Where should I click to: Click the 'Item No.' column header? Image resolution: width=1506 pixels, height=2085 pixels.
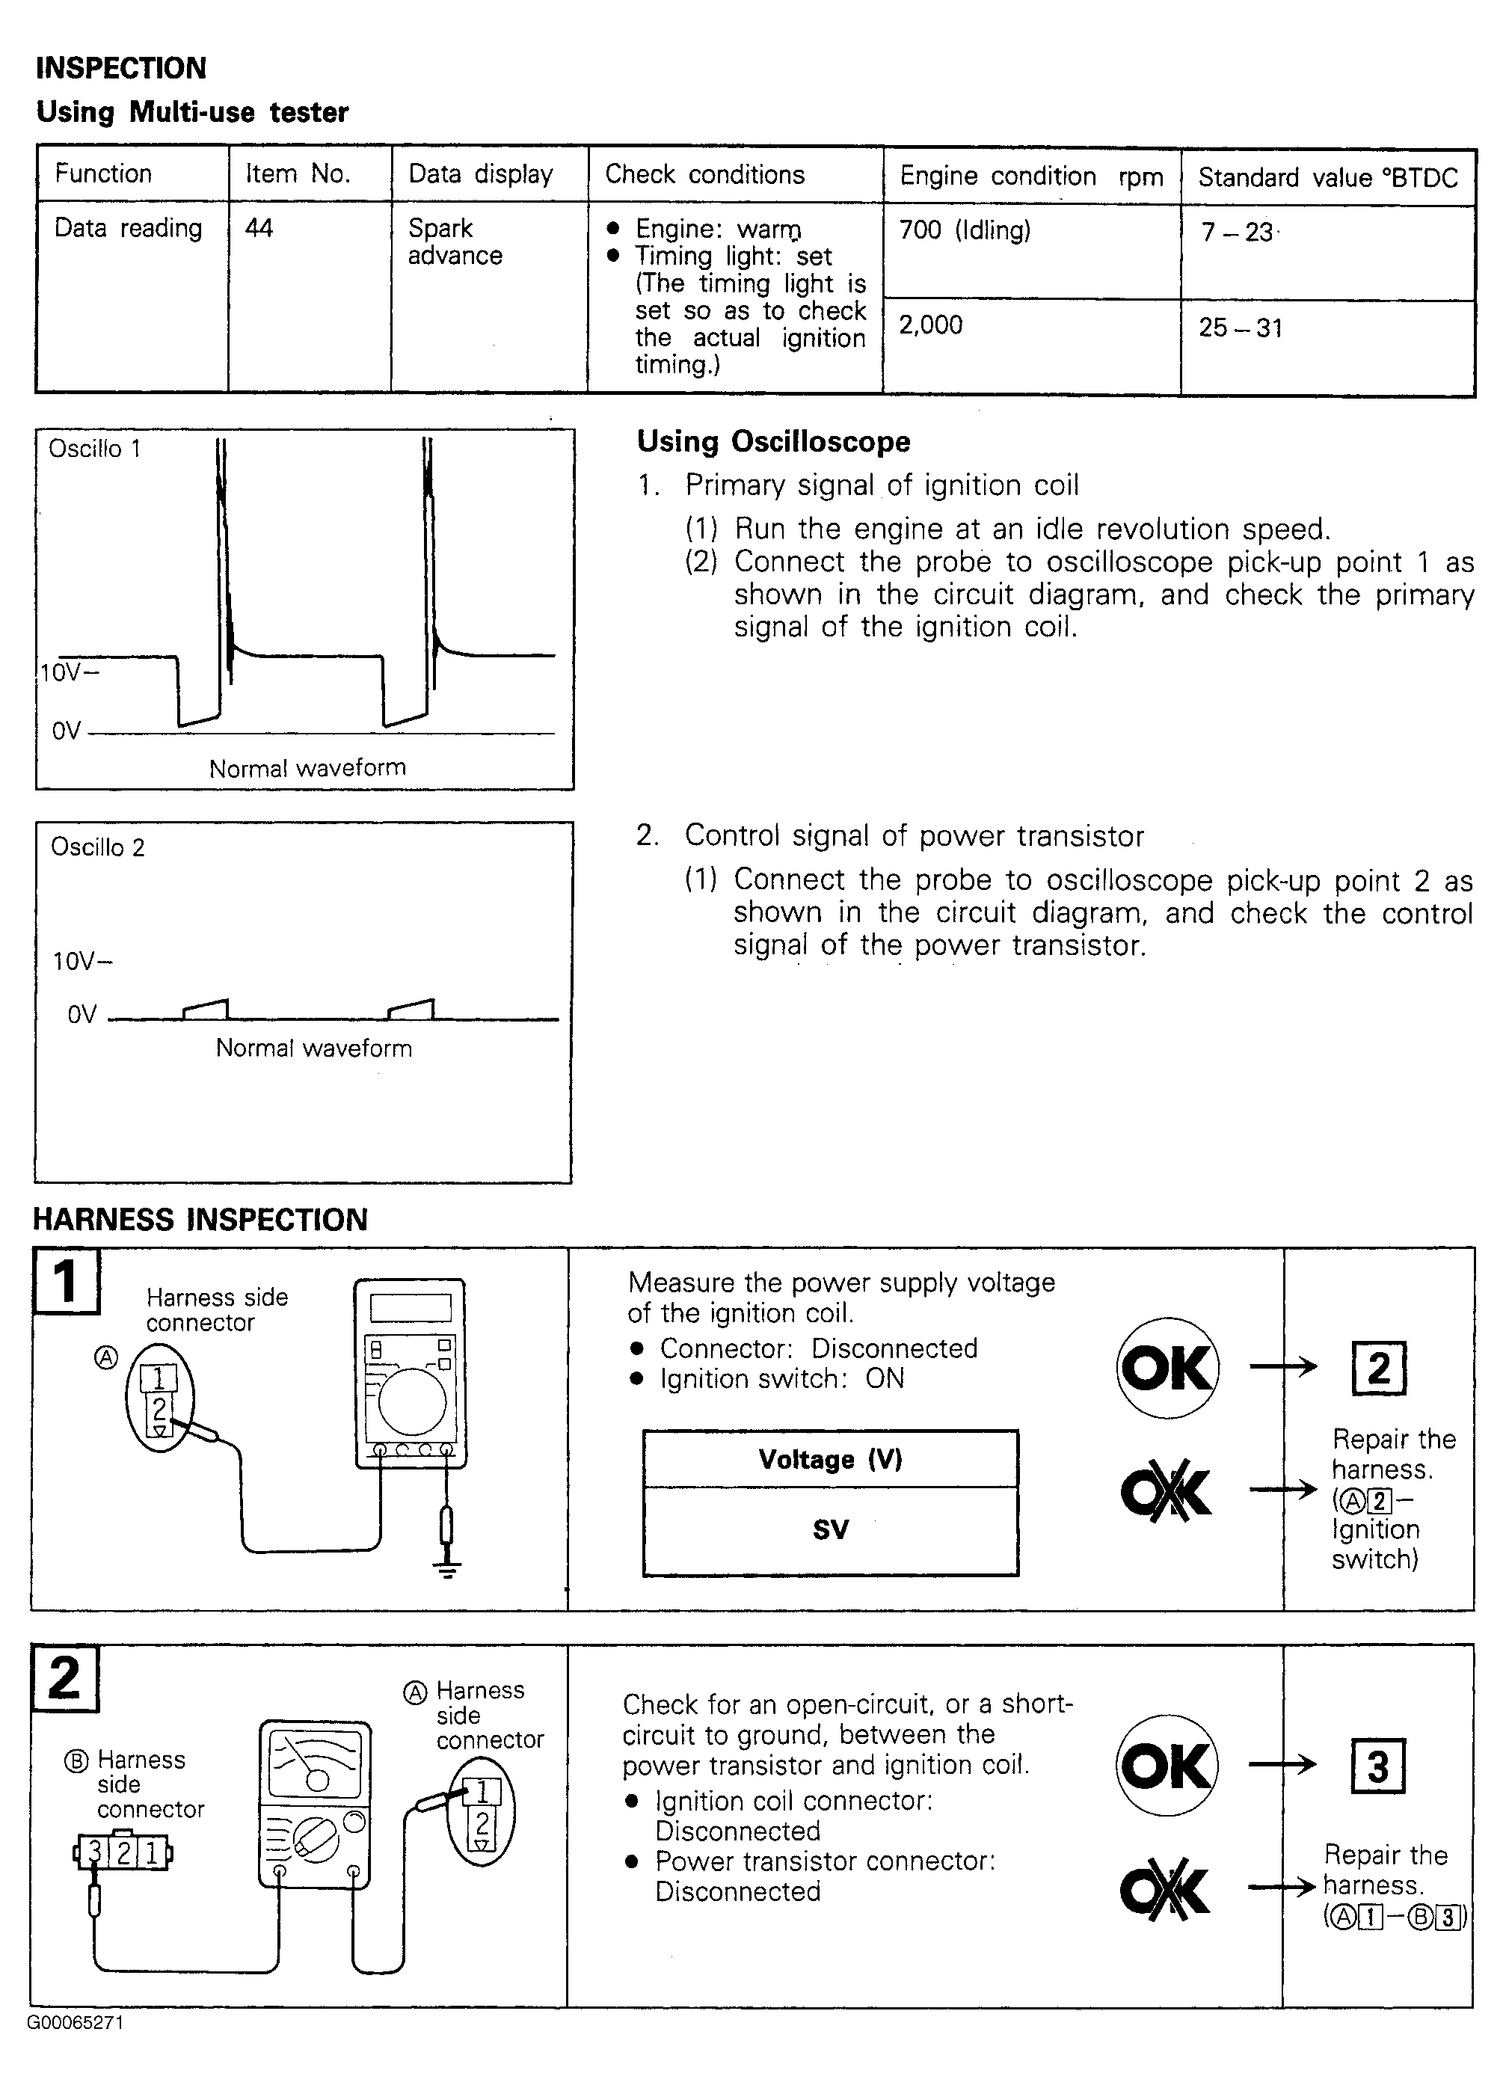[298, 174]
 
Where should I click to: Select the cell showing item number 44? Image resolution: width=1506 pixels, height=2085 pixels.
[259, 228]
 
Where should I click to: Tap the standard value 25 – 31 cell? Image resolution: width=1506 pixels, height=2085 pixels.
[1241, 328]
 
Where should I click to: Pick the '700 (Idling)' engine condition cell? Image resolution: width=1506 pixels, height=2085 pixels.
[965, 230]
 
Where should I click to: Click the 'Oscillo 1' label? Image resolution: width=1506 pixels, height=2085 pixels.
[95, 449]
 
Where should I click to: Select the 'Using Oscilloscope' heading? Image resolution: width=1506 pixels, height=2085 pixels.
[773, 441]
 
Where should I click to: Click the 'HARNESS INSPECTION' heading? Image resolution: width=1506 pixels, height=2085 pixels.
[200, 1219]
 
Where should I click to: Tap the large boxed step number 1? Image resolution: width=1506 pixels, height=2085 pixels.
[65, 1280]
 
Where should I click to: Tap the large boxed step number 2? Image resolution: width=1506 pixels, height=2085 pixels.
[64, 1677]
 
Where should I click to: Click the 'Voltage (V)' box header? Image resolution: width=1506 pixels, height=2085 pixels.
[830, 1459]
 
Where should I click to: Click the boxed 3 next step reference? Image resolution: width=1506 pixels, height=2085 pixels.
[1377, 1766]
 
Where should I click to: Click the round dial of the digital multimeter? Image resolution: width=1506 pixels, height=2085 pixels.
[413, 1404]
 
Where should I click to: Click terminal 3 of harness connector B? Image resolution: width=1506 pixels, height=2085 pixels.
[93, 1851]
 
